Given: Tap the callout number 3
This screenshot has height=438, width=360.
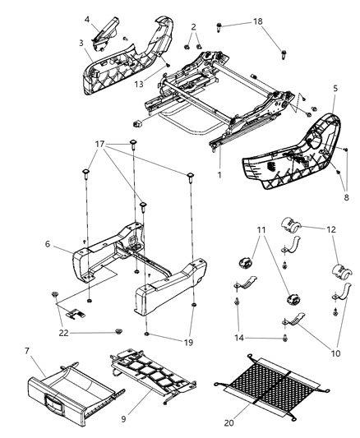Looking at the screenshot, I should coord(81,42).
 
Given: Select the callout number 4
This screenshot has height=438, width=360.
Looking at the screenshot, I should coord(86,18).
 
